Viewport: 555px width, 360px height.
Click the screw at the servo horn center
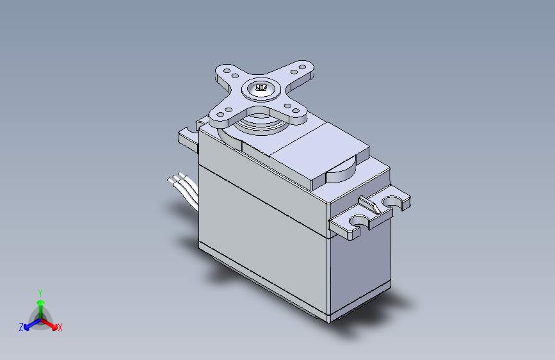(261, 88)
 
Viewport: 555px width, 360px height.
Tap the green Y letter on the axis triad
(40, 293)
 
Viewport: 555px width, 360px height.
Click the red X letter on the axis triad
(60, 327)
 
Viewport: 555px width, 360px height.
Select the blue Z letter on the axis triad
(21, 327)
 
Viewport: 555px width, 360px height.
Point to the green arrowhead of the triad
(41, 302)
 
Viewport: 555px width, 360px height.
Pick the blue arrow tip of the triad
(26, 327)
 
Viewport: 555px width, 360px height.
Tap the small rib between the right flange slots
(370, 205)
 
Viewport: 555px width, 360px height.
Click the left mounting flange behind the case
(188, 139)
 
